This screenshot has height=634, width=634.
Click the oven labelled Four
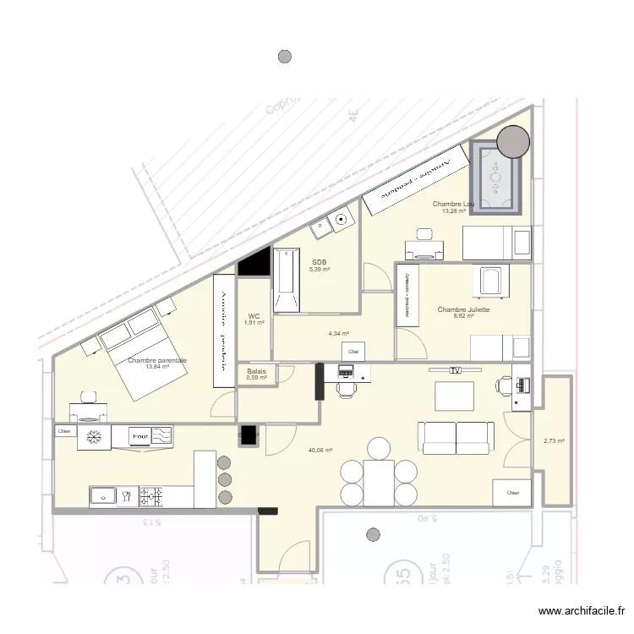pyautogui.click(x=139, y=436)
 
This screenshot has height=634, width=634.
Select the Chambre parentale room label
pyautogui.click(x=157, y=361)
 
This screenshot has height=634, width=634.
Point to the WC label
pyautogui.click(x=254, y=316)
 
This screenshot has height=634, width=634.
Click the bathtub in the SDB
pyautogui.click(x=286, y=279)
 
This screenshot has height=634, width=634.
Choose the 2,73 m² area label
pyautogui.click(x=554, y=440)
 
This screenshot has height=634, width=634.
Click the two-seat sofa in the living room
pyautogui.click(x=456, y=436)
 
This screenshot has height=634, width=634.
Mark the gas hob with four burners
pyautogui.click(x=155, y=496)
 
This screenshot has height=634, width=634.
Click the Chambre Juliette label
pyautogui.click(x=463, y=310)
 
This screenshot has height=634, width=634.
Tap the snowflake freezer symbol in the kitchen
pyautogui.click(x=95, y=437)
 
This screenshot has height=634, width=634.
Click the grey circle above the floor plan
pyautogui.click(x=286, y=57)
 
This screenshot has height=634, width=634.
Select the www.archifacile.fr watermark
pyautogui.click(x=582, y=611)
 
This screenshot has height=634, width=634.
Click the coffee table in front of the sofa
pyautogui.click(x=453, y=396)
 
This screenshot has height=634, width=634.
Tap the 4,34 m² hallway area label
pyautogui.click(x=338, y=334)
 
